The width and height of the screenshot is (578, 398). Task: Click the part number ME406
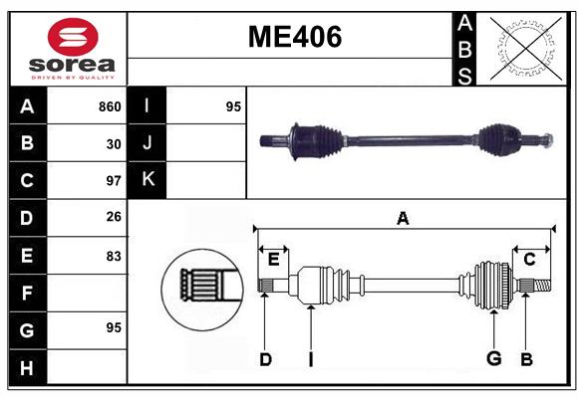coord(294,37)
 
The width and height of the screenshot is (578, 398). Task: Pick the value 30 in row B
coord(114,144)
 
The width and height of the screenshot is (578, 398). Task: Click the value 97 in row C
coord(114,181)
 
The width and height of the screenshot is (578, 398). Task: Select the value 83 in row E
coord(114,256)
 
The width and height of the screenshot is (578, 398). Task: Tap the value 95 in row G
coord(114,327)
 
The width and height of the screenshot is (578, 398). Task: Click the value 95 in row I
coord(233,106)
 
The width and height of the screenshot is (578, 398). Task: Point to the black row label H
coord(27,368)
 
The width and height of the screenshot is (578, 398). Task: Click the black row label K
coord(147,180)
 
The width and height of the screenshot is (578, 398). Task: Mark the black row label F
coord(27,294)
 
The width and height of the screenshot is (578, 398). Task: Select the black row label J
coord(147,143)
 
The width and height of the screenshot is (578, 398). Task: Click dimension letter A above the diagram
coord(403,218)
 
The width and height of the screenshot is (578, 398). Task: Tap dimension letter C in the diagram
coord(529,259)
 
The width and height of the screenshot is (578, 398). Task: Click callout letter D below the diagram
coord(265,359)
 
